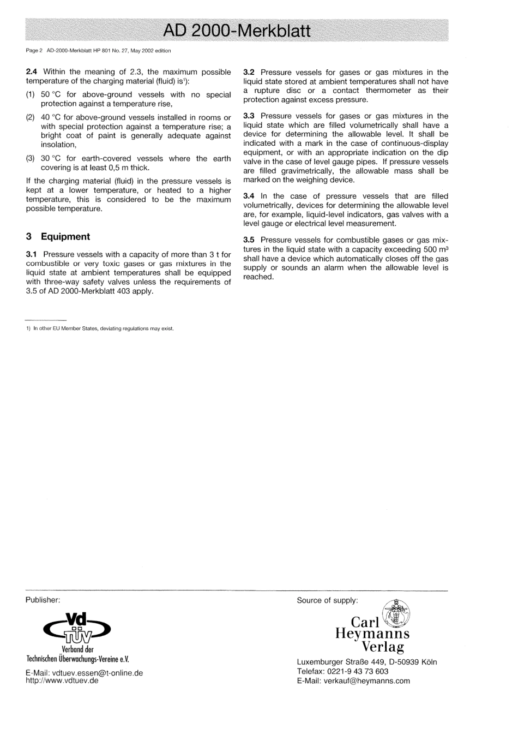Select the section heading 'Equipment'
tap(65, 237)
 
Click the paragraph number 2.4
tap(32, 72)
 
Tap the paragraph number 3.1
tap(32, 255)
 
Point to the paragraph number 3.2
tap(249, 73)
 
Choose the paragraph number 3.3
tap(249, 116)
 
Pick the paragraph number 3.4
tap(249, 196)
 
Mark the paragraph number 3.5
tap(249, 240)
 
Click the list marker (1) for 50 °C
tap(31, 95)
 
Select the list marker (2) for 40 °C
tap(31, 118)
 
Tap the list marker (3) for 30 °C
tap(31, 159)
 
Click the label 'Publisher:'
tap(43, 600)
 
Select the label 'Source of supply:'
tap(327, 601)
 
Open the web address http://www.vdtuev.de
tap(62, 681)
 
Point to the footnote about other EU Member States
tap(100, 329)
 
